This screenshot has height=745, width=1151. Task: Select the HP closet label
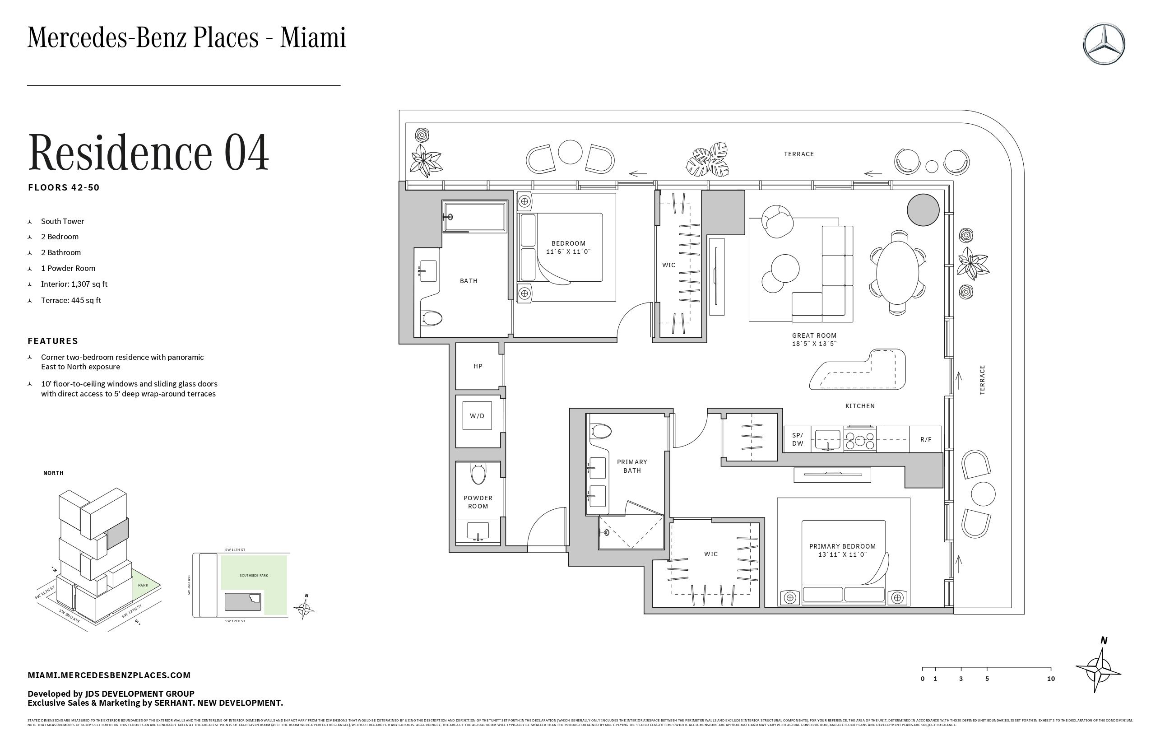(x=478, y=366)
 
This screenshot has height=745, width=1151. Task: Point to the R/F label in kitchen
(x=926, y=439)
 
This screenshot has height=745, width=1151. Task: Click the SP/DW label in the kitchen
(x=798, y=439)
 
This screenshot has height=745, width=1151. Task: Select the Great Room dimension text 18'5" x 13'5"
(x=814, y=344)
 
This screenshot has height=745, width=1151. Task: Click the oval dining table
(x=897, y=272)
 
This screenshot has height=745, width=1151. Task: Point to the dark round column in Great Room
(x=923, y=210)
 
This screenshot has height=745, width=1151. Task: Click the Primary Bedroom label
(x=842, y=546)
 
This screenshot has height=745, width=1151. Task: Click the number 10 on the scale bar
(x=1050, y=679)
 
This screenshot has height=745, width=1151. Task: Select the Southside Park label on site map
(x=253, y=575)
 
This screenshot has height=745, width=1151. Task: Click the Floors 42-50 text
(x=64, y=188)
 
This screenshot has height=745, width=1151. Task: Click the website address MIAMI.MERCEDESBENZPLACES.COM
(x=109, y=675)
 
